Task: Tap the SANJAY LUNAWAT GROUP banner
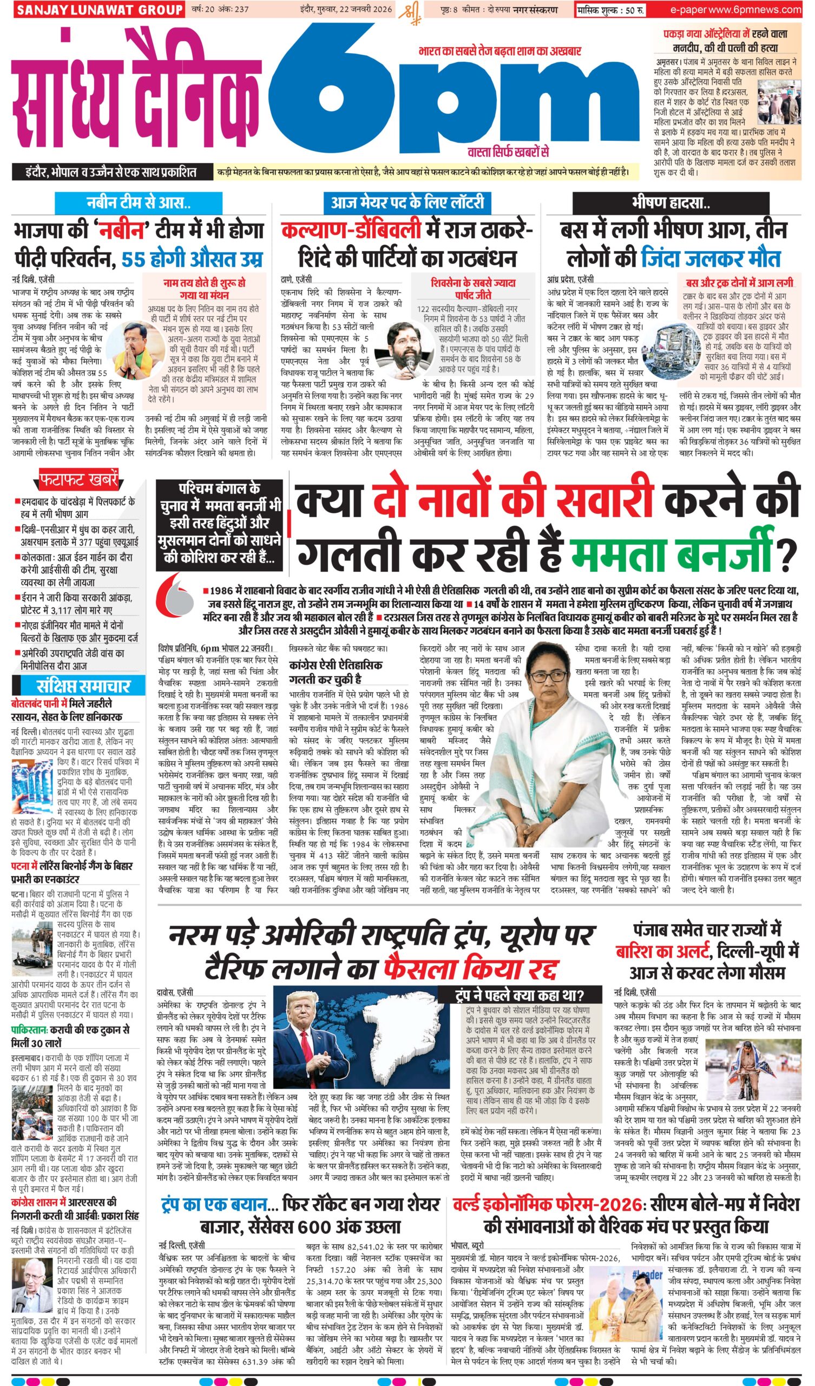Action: click(x=98, y=10)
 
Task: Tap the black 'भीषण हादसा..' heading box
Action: click(x=670, y=204)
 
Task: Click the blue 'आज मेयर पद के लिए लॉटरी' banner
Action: click(x=407, y=203)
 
